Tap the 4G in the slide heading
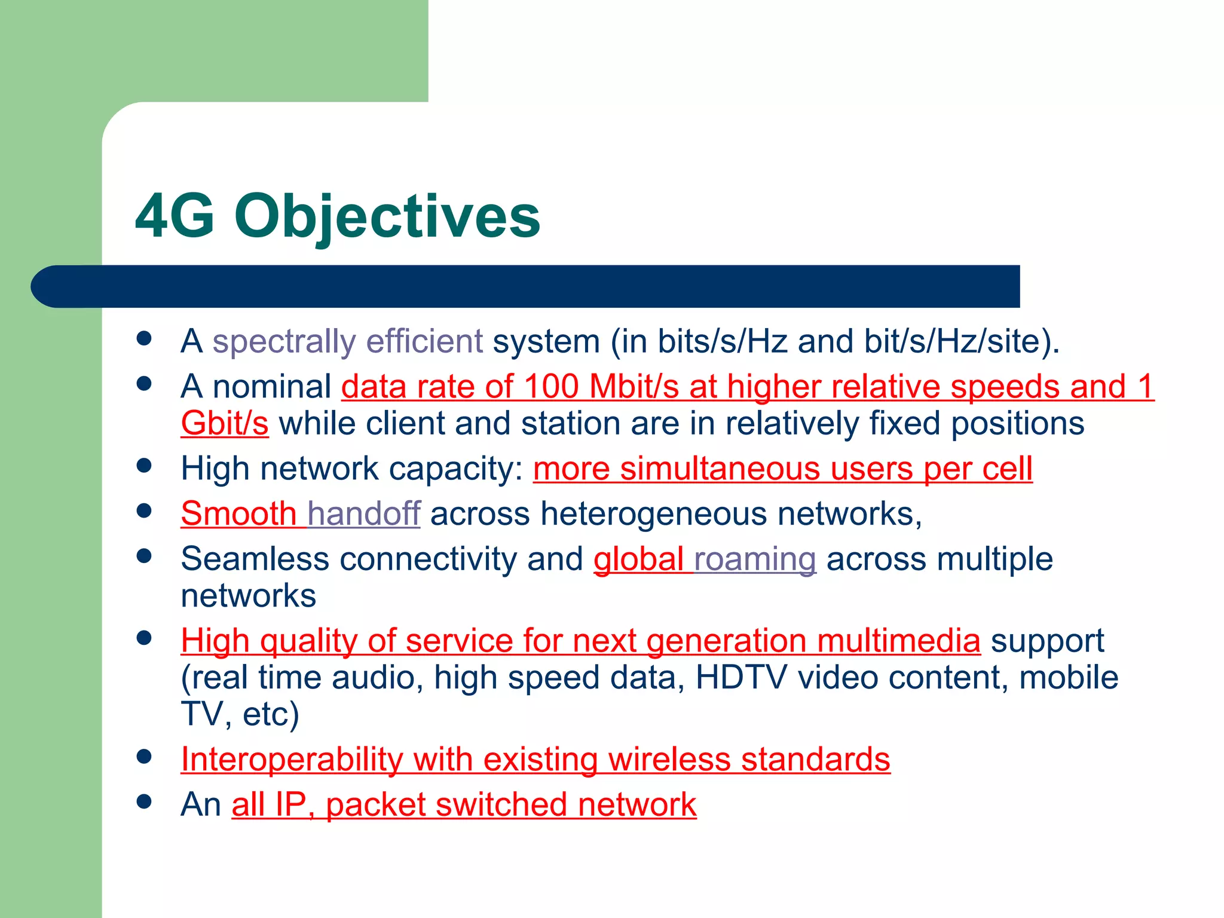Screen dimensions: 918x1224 (175, 216)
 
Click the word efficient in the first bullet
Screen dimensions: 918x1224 (424, 342)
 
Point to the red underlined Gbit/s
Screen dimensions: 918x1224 (225, 424)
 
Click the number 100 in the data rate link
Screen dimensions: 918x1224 (551, 387)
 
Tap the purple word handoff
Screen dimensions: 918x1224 (363, 514)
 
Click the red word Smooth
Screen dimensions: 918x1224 (238, 514)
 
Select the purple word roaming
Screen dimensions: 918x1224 (755, 559)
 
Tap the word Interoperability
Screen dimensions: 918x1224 (292, 760)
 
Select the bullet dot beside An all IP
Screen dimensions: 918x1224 (143, 801)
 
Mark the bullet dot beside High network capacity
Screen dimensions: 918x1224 (143, 466)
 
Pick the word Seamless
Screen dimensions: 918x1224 (255, 559)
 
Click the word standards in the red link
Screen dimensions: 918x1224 (815, 760)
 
